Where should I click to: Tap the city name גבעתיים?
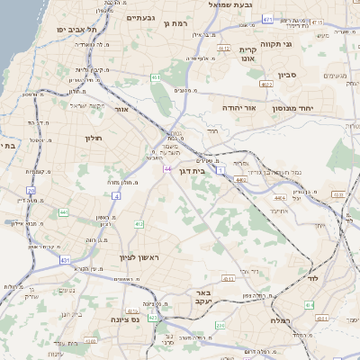141,17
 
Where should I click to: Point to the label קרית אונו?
249,54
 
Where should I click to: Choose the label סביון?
288,76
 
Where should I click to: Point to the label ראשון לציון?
139,258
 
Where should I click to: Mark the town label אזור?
124,109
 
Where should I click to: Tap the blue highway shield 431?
66,260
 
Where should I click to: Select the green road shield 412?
139,224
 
